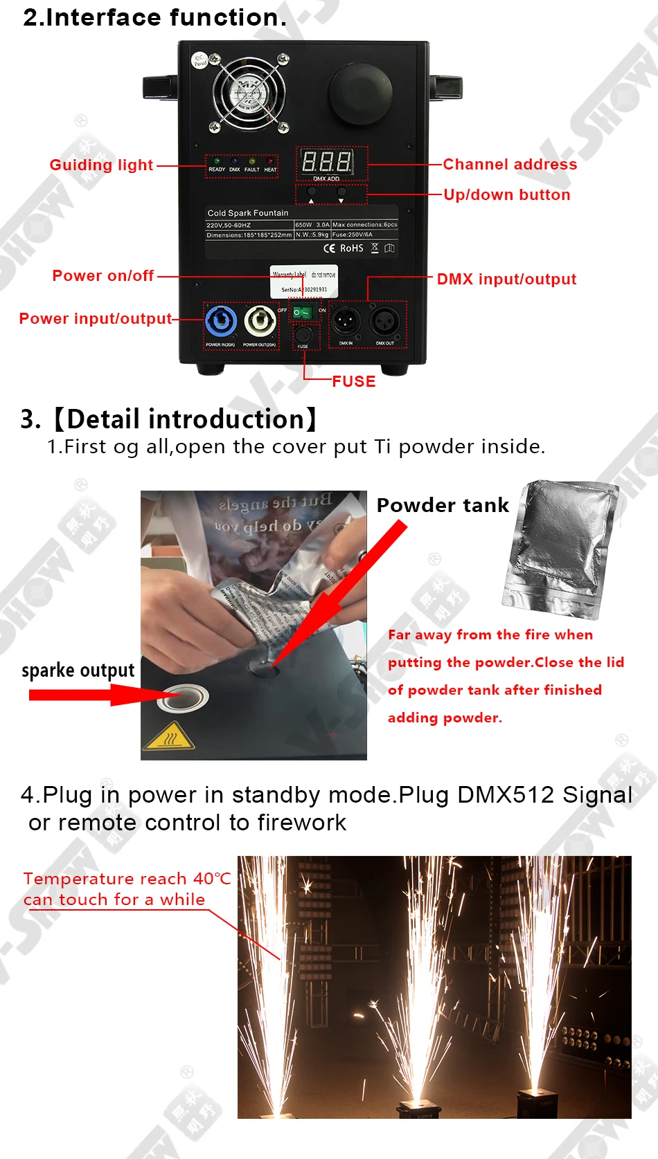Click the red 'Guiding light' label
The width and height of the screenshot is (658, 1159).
click(x=101, y=165)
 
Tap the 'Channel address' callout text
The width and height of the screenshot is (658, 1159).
click(x=510, y=164)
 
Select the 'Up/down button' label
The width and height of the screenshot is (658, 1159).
click(x=507, y=194)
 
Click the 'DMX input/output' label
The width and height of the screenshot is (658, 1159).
click(x=506, y=279)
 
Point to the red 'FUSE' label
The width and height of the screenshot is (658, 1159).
click(x=353, y=381)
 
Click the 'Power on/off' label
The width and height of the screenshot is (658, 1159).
click(x=103, y=275)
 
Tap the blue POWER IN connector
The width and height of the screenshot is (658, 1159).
click(x=220, y=322)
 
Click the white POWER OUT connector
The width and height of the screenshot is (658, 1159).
click(x=260, y=322)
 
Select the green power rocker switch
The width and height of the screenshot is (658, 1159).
click(x=303, y=312)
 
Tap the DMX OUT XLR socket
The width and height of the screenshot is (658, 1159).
click(x=384, y=321)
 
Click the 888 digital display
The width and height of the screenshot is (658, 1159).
click(x=327, y=163)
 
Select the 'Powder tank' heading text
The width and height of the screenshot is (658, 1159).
click(x=443, y=505)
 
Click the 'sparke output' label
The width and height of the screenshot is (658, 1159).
click(x=78, y=670)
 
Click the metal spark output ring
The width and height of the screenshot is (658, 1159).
click(x=182, y=698)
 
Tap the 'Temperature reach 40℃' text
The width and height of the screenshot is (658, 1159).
click(x=127, y=879)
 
